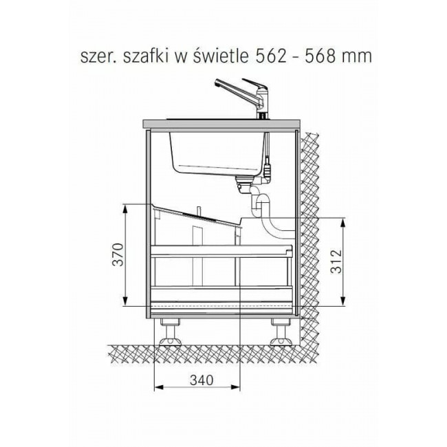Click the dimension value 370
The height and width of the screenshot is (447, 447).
[x=118, y=254]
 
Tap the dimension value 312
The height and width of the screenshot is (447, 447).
[x=336, y=261]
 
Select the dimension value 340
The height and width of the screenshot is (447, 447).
[x=201, y=380]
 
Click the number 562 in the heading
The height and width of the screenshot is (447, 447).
[x=271, y=56]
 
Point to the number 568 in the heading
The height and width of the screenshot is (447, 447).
[x=320, y=56]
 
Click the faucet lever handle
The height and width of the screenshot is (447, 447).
[x=254, y=84]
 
